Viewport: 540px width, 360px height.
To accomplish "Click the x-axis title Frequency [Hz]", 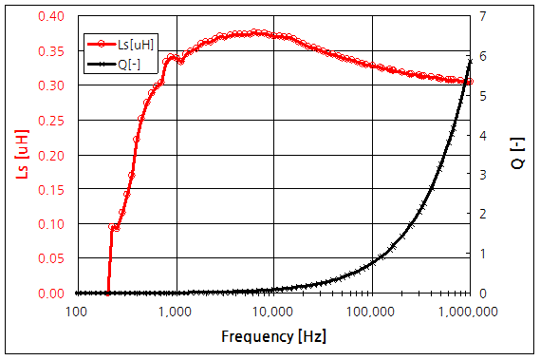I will (273, 336).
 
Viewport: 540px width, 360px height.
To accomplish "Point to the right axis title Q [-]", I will (517, 155).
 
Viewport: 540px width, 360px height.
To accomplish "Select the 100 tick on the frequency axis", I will (78, 311).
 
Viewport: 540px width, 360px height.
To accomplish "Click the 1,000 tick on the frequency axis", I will (176, 311).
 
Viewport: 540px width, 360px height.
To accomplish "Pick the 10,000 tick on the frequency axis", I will (273, 311).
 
